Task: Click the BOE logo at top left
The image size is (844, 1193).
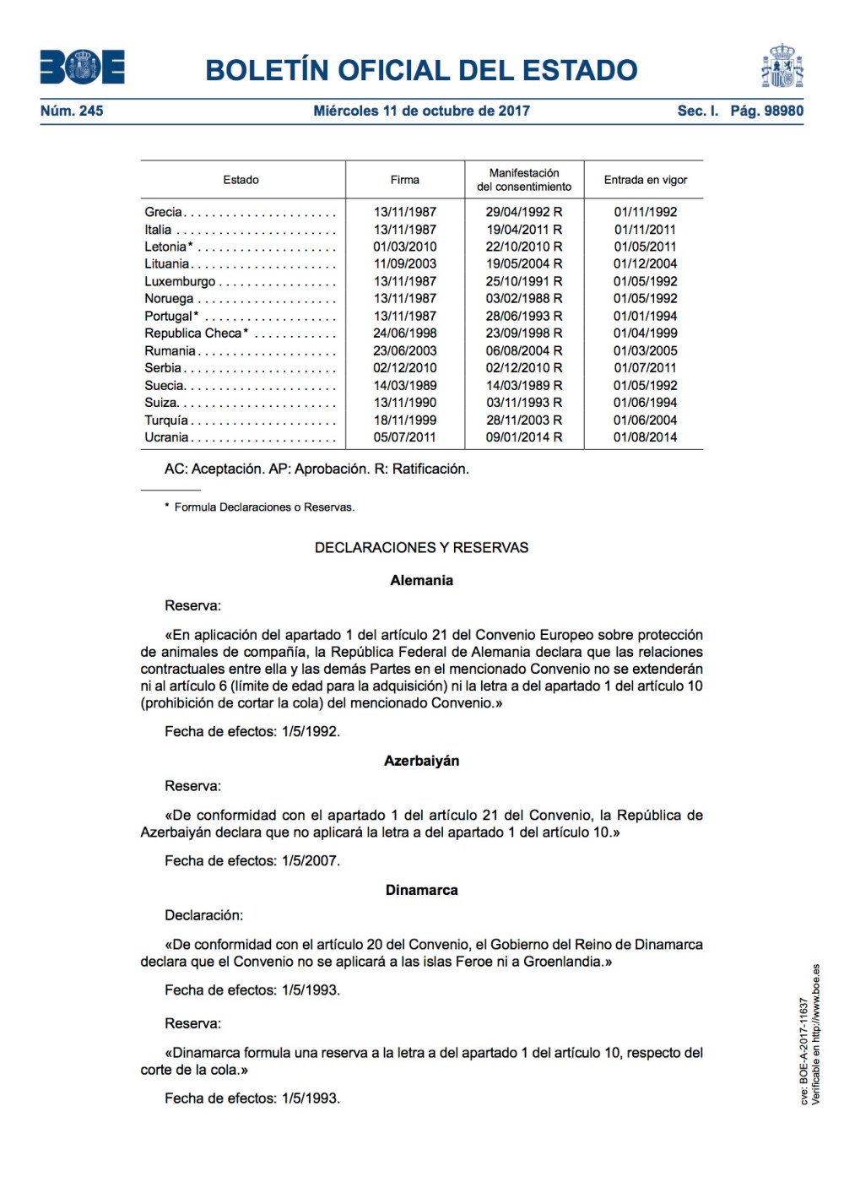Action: pos(82,68)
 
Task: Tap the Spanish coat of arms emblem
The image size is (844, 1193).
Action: pos(782,67)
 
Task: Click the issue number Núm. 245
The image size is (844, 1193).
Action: pos(72,111)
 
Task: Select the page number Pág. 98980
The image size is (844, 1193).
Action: pos(766,111)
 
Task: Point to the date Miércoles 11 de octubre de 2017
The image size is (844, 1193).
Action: pos(421,111)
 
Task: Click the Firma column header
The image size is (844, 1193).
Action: pos(404,180)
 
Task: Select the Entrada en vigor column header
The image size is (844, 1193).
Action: pos(645,180)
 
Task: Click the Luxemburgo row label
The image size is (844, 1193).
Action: pos(180,281)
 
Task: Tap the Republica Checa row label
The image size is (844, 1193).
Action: pos(195,333)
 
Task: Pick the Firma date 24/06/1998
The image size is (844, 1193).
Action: pos(404,333)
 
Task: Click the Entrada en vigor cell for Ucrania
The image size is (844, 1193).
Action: pos(645,437)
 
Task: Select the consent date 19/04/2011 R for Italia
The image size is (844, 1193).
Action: pos(523,230)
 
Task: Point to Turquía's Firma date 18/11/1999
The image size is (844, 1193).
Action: pos(404,420)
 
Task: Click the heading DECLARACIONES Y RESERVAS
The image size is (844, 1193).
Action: pos(421,548)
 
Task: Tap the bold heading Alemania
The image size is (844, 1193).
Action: pos(421,581)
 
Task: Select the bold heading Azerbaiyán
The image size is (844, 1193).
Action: pos(421,761)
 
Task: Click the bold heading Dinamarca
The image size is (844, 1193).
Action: pos(421,890)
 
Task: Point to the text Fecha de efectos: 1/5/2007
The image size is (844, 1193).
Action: pos(252,861)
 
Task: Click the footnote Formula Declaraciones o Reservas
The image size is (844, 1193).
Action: pos(263,507)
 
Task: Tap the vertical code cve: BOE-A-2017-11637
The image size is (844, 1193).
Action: pos(804,1051)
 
